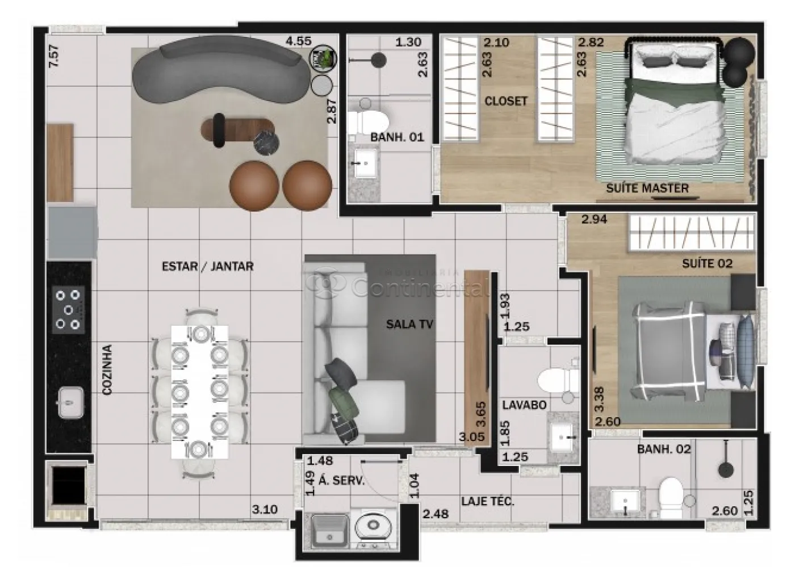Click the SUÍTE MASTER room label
(647, 188)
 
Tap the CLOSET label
(506, 101)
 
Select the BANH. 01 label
(397, 137)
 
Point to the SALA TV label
(409, 324)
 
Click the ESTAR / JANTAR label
(208, 266)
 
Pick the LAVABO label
(524, 405)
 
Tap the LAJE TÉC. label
(488, 501)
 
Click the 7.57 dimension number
(55, 56)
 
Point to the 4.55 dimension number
(299, 41)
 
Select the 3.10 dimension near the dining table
(265, 510)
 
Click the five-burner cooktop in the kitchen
(68, 310)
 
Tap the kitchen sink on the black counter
(72, 403)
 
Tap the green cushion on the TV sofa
(343, 402)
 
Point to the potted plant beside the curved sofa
(323, 57)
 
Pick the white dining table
(200, 392)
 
